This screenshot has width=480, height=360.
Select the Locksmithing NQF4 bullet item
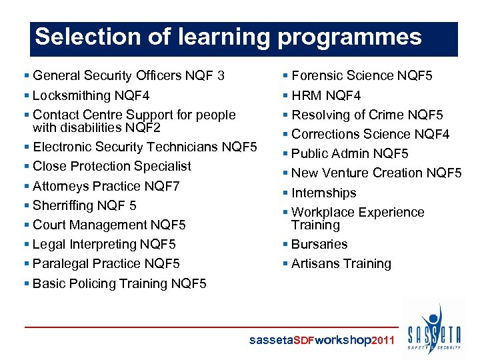pyautogui.click(x=91, y=95)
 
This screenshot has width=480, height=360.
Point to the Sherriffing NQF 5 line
pyautogui.click(x=84, y=205)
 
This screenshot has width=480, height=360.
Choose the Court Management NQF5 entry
pyautogui.click(x=109, y=225)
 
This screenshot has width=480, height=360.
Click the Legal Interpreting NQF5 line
pyautogui.click(x=104, y=244)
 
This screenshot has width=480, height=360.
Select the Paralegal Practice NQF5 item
pyautogui.click(x=106, y=263)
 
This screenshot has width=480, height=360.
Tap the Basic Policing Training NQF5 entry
pyautogui.click(x=119, y=283)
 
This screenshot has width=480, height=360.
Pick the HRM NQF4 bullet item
pyautogui.click(x=326, y=95)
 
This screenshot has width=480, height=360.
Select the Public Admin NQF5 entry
pyautogui.click(x=350, y=153)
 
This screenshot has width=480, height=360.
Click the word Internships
pyautogui.click(x=324, y=193)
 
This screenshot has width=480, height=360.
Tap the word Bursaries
pyautogui.click(x=319, y=244)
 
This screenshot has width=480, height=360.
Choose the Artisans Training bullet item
pyautogui.click(x=341, y=263)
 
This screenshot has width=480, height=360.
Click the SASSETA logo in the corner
pyautogui.click(x=434, y=329)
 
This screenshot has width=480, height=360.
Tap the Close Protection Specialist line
pyautogui.click(x=111, y=166)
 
